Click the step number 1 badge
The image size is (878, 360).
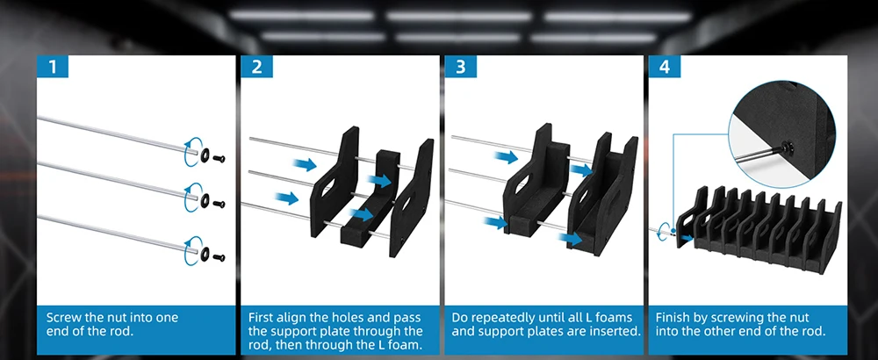(53, 68)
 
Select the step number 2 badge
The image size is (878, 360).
(257, 68)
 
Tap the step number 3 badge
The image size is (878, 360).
(461, 68)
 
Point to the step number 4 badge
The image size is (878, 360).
(664, 68)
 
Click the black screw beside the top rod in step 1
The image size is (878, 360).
(219, 158)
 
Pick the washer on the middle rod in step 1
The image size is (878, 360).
(205, 200)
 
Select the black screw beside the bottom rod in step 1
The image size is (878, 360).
(219, 257)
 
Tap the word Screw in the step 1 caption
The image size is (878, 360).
(63, 318)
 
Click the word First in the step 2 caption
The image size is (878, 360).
(262, 318)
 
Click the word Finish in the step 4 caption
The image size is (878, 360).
(673, 318)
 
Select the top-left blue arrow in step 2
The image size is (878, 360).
(304, 164)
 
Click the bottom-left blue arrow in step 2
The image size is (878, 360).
(287, 198)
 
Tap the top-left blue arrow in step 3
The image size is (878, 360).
(506, 157)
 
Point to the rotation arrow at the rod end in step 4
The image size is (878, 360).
(664, 230)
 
